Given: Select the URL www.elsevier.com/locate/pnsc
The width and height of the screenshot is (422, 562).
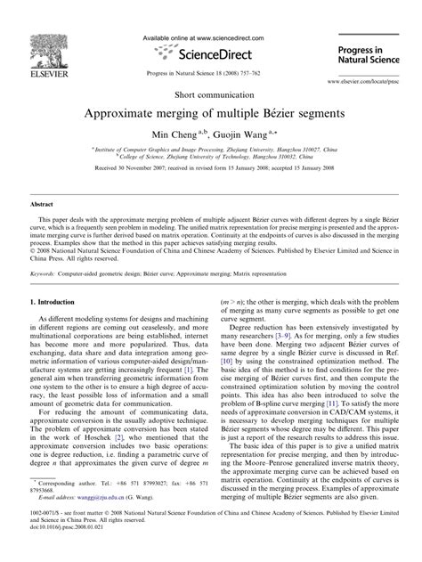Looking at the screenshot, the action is (356, 80).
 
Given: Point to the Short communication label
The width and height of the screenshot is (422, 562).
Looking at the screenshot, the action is (211, 94).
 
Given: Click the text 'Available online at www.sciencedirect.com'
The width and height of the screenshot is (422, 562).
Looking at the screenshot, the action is (210, 38).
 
